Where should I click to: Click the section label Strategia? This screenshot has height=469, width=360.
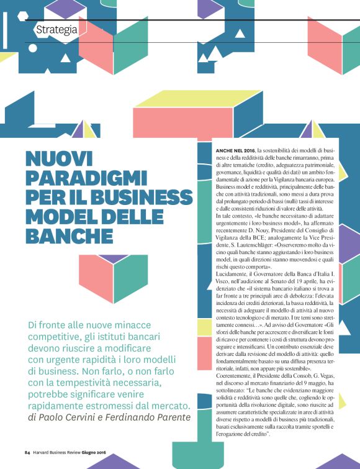coord(56,29)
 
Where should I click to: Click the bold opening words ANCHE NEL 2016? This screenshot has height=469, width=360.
coord(235,151)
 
